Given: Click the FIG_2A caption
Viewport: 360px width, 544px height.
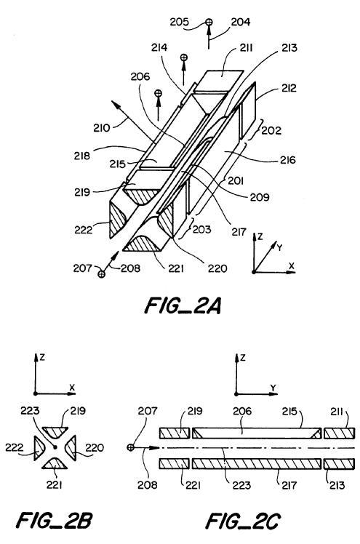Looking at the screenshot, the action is tap(183, 305).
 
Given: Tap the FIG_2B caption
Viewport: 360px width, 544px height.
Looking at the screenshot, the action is tap(54, 521).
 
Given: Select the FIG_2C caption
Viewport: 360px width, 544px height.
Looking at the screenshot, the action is tap(243, 521).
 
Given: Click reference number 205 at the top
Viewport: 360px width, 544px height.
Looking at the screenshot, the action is tap(180, 22).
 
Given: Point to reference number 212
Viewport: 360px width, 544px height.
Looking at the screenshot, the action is tap(289, 88).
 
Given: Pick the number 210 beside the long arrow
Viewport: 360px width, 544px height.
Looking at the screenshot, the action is tap(101, 128).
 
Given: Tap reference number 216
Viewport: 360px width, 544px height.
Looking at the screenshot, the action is tap(288, 160).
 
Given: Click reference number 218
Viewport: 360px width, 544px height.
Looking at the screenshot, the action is tap(82, 156).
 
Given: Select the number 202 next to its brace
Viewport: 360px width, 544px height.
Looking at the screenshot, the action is tap(271, 130).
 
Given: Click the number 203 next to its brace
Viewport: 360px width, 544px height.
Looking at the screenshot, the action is tap(202, 229).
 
